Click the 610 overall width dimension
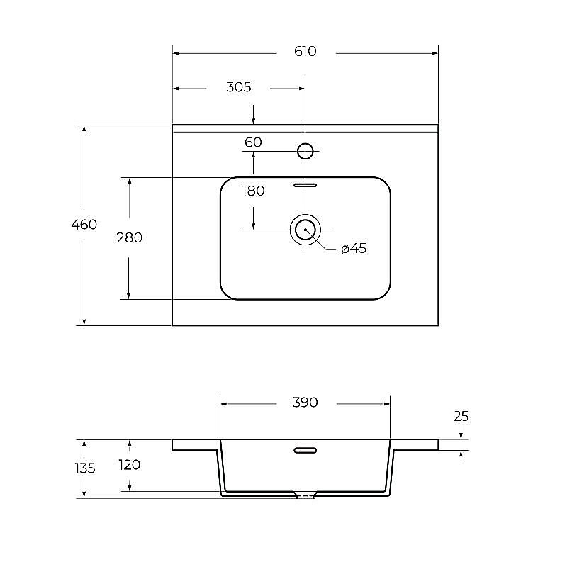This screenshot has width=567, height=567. coord(305,51)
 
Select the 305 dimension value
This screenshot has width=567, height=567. coord(239,87)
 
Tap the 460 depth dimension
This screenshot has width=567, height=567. coord(84,225)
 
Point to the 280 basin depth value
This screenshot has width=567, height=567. coord(130,237)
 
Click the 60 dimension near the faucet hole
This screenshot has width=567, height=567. coord(253,142)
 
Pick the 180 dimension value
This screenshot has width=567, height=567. coord(253,191)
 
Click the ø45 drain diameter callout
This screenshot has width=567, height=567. coord(354,249)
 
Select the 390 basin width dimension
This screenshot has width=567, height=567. coord(305,402)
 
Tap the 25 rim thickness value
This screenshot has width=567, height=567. coord(461,417)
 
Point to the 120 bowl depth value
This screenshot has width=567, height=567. coord(130,465)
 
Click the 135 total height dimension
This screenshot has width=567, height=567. coord(85,468)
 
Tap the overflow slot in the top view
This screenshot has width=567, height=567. coord(305,185)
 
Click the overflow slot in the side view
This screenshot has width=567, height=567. coord(305,450)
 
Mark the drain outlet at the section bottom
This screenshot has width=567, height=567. coord(305,495)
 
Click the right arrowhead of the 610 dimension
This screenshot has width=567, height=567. coord(435,54)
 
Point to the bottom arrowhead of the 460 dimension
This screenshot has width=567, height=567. coord(84,322)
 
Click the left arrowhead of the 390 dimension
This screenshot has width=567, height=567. coord(223,404)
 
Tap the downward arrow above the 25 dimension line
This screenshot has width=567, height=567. coord(461,432)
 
